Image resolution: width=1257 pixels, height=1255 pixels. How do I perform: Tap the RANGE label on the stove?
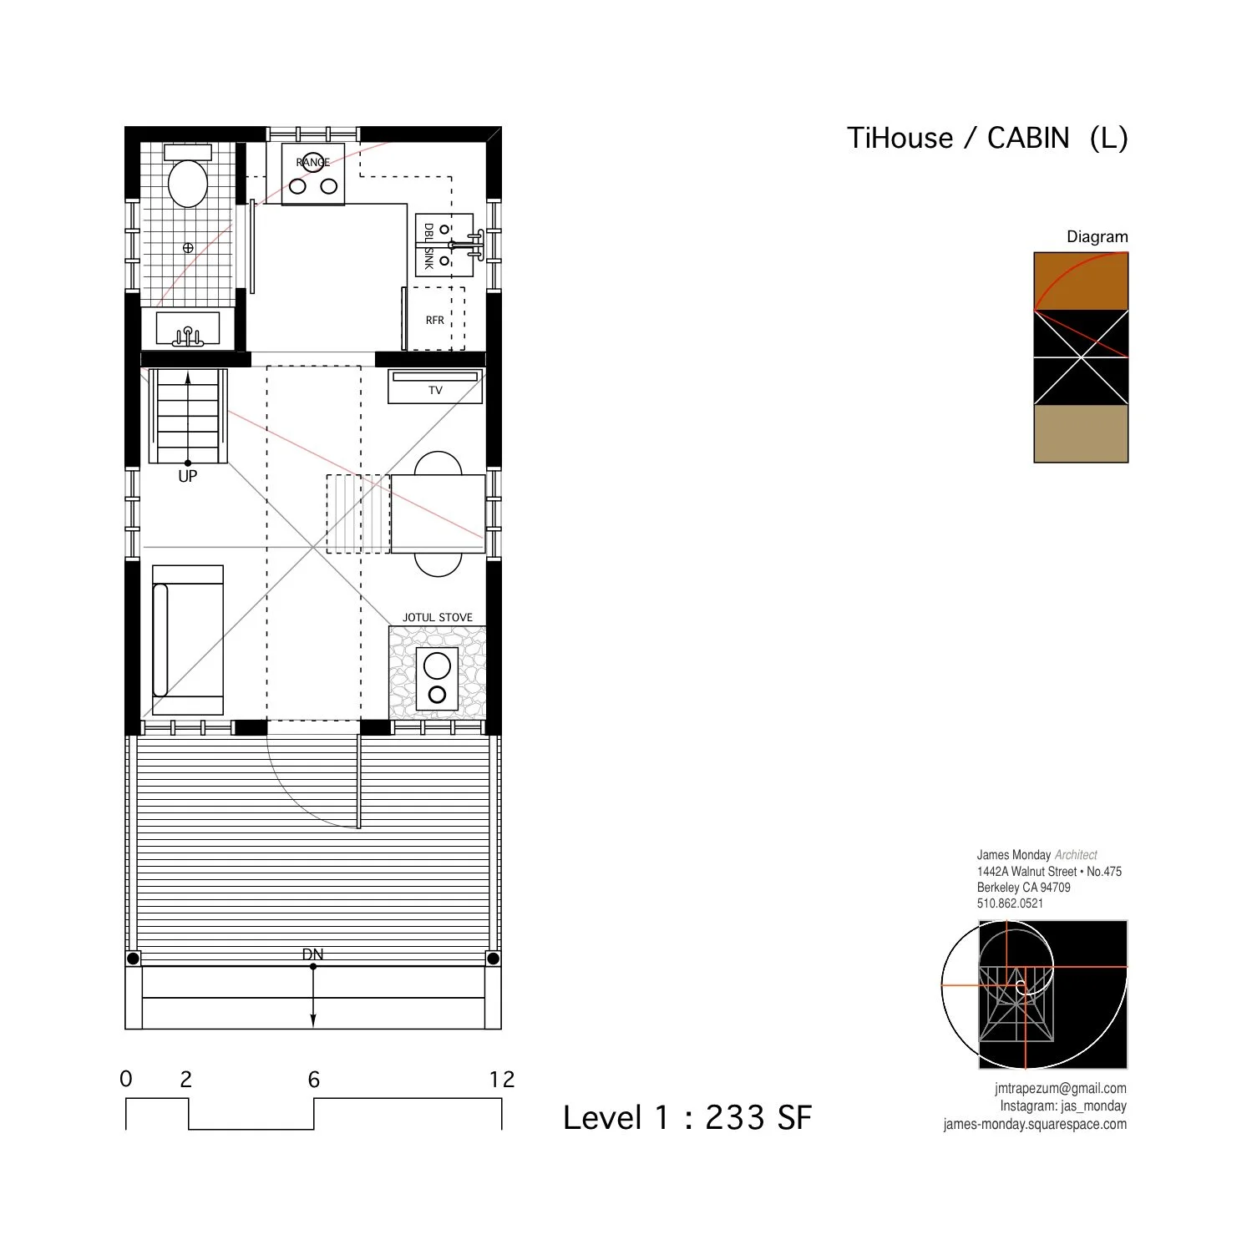312,162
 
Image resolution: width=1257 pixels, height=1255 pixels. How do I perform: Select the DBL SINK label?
428,246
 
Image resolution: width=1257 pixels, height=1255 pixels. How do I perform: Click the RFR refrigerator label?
434,320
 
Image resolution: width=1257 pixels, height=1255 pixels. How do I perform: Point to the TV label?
435,390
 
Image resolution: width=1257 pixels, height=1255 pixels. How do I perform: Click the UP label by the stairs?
187,477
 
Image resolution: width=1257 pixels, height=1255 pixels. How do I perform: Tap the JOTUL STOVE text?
437,618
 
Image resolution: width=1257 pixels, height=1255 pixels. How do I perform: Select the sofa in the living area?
187,640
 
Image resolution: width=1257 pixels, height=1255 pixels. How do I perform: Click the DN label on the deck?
312,954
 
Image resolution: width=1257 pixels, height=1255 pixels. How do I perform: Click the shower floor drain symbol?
188,248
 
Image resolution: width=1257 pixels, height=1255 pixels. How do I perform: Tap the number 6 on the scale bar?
314,1080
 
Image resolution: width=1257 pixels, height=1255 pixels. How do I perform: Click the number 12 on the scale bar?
501,1080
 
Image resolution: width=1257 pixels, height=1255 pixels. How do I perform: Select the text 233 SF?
758,1118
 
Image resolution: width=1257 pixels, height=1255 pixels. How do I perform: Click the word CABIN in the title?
1027,139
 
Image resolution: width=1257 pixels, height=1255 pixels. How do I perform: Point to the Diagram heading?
1097,237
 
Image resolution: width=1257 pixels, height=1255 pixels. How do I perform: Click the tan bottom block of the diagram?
1081,434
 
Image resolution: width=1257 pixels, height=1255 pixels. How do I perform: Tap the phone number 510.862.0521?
1010,903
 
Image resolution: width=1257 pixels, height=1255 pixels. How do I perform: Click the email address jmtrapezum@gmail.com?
1060,1089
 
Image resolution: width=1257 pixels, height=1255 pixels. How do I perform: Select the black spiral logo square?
1052,994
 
